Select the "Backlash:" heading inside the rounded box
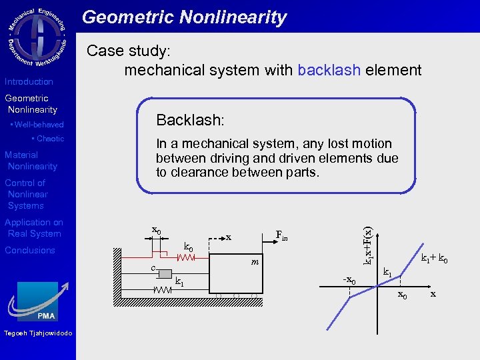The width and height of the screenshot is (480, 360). pos(190,120)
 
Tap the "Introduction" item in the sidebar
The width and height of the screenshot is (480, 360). pos(29,81)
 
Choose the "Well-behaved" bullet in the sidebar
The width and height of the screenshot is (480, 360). pos(38,125)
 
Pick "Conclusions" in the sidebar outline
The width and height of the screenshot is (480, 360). pos(30,250)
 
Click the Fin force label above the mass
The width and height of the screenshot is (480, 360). pos(283,235)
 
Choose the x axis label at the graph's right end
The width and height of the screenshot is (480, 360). pos(433,293)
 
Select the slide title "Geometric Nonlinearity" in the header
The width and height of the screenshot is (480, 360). pos(185,17)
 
